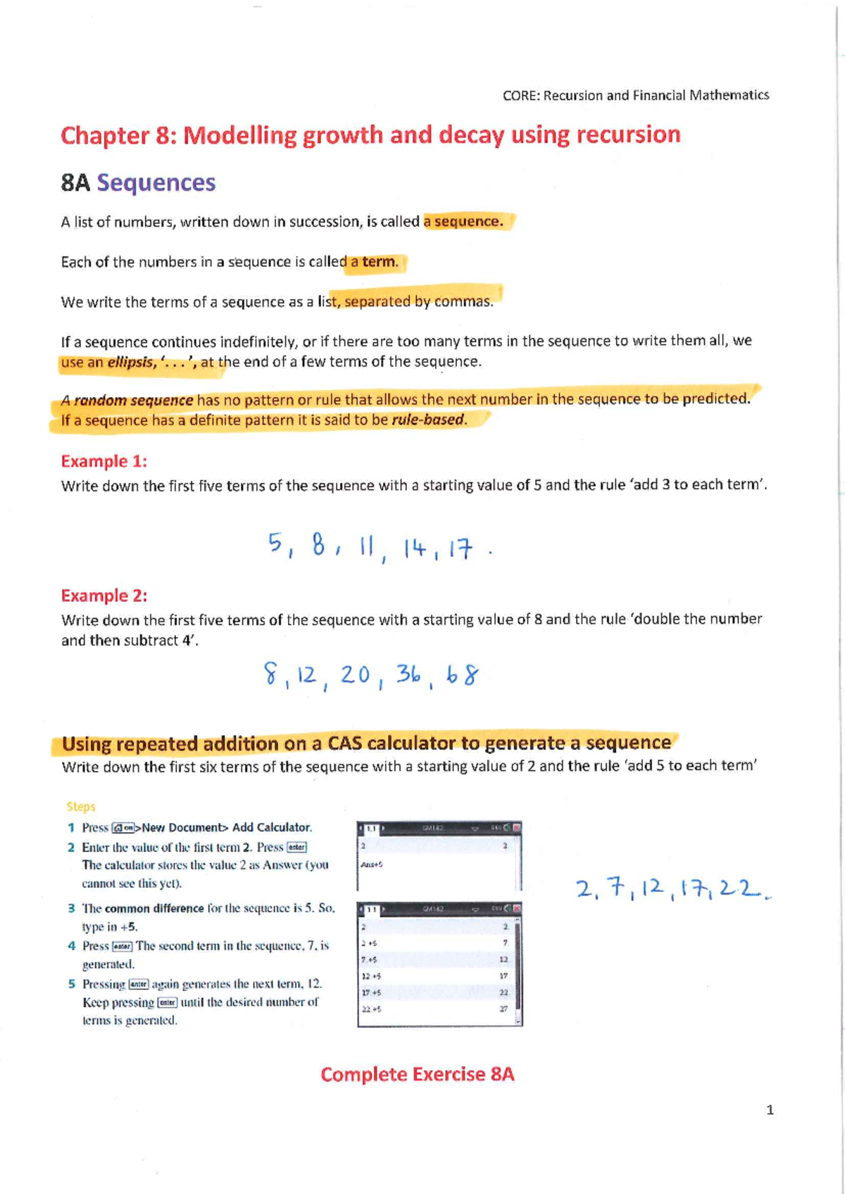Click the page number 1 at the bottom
770,1110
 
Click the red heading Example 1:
104,461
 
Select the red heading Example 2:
104,596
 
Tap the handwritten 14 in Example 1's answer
415,548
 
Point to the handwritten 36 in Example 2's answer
408,674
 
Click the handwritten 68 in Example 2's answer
463,676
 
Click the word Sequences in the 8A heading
156,183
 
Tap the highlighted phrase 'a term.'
375,262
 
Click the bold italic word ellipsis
130,363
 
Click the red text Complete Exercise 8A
417,1074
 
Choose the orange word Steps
81,807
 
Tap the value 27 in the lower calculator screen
503,1009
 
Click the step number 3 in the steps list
71,909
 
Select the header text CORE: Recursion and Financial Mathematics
635,95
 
